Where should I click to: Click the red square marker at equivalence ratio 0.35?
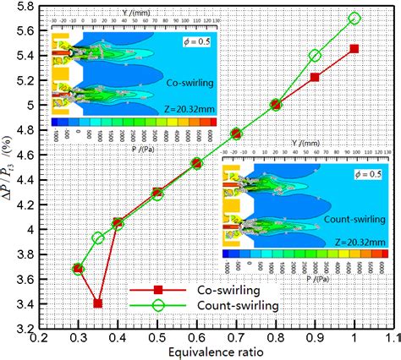98,303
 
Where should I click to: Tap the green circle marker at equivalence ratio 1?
354,18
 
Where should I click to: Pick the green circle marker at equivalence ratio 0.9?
315,55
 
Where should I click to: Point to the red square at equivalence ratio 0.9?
315,77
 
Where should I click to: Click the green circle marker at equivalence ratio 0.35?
98,237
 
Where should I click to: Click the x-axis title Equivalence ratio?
213,352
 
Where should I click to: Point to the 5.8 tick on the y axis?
25,6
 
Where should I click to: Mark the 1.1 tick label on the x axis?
391,338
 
